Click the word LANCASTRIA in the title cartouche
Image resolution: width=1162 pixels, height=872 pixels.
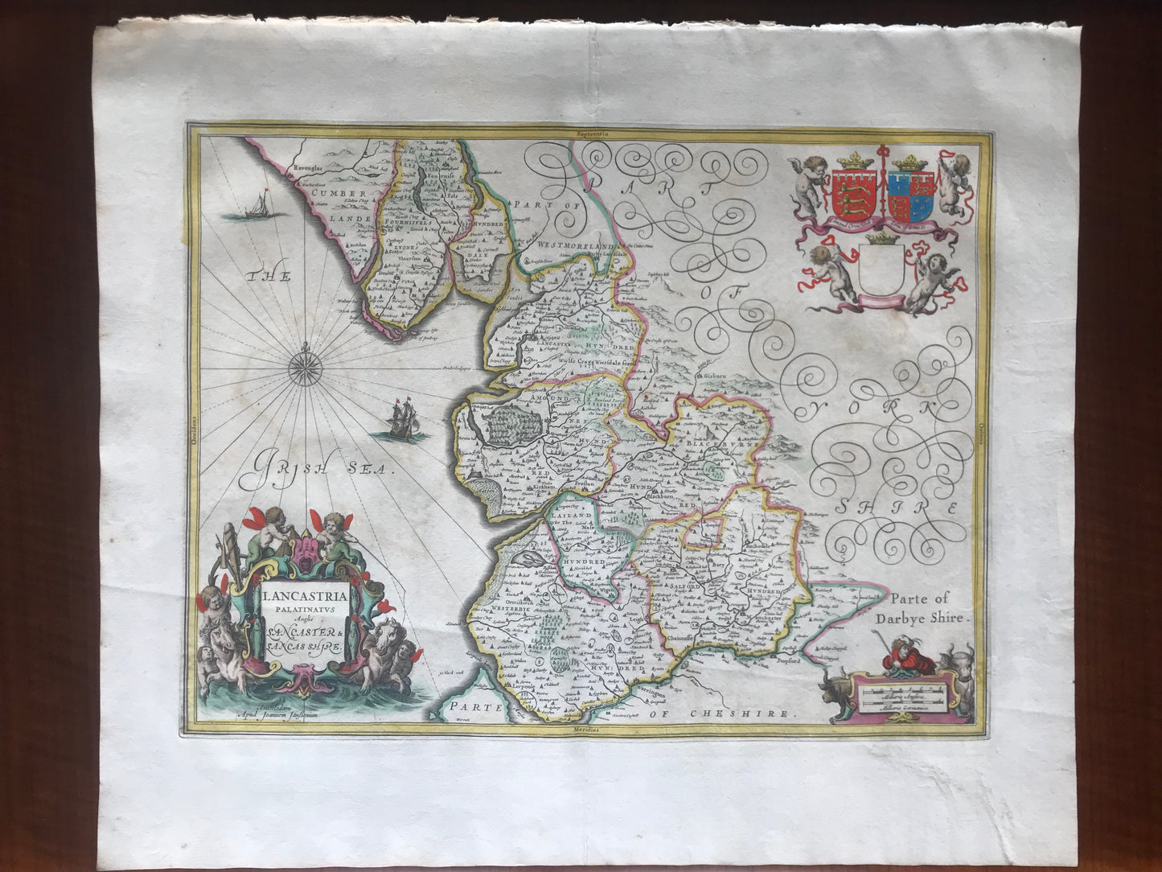coord(303,597)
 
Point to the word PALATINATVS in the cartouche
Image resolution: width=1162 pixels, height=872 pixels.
coord(302,611)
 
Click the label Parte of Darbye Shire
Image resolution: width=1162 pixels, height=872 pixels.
coord(930,608)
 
